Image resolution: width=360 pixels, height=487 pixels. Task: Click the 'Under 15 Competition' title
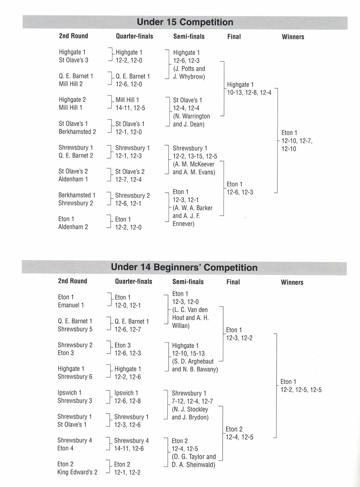click(x=185, y=22)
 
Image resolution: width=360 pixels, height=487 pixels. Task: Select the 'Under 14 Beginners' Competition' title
click(x=184, y=268)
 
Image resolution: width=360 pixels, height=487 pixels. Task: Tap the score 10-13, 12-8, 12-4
click(x=249, y=93)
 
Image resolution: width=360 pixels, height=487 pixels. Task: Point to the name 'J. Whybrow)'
click(x=189, y=77)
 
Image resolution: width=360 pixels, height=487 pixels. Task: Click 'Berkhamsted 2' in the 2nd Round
click(x=77, y=132)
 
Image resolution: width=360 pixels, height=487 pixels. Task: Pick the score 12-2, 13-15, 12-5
click(x=195, y=156)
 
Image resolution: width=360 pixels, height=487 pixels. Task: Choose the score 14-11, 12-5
click(x=130, y=108)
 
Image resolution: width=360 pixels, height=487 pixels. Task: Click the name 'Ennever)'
click(x=183, y=224)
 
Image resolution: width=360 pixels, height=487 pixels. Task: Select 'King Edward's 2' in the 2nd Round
click(x=77, y=472)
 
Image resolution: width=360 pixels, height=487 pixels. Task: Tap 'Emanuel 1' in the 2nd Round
click(x=71, y=305)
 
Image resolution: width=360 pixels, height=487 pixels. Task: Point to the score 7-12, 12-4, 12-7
click(x=192, y=401)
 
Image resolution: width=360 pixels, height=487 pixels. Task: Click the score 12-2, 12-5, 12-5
click(x=301, y=390)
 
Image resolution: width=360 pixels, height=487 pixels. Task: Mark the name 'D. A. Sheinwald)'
click(x=193, y=465)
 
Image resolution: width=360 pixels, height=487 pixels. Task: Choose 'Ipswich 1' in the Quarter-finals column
click(x=126, y=393)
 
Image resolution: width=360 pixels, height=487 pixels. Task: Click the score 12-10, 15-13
click(x=188, y=354)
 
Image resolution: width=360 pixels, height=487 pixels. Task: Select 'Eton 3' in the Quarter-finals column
click(x=122, y=345)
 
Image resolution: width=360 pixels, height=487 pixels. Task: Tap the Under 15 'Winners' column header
click(x=293, y=37)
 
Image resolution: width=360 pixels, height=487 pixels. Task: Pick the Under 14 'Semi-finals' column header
click(x=188, y=282)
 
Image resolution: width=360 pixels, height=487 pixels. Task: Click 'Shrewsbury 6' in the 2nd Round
click(x=75, y=377)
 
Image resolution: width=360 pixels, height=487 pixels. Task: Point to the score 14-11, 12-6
click(x=129, y=449)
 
